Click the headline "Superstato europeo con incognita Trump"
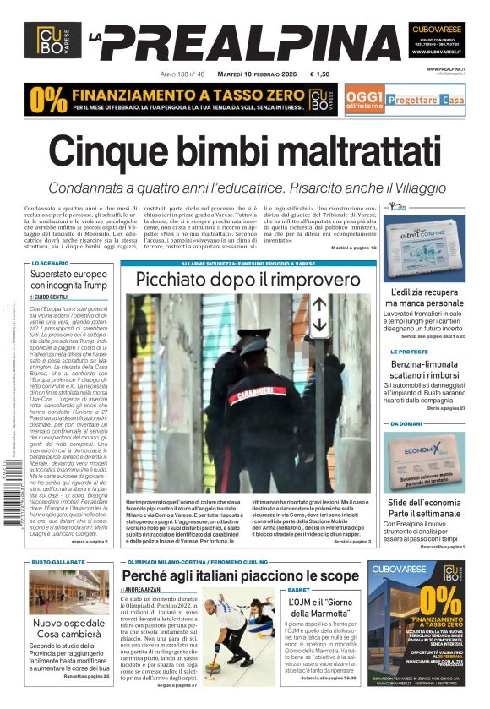68,280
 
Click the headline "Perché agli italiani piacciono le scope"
239,577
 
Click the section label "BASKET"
298,590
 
